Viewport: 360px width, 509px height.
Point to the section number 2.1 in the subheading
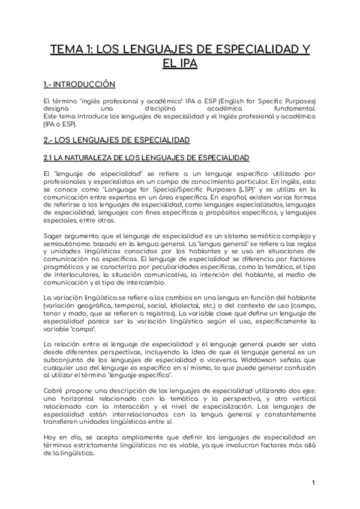point(41,158)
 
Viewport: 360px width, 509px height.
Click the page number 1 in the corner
point(313,484)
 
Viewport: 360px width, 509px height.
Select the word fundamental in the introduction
point(295,109)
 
